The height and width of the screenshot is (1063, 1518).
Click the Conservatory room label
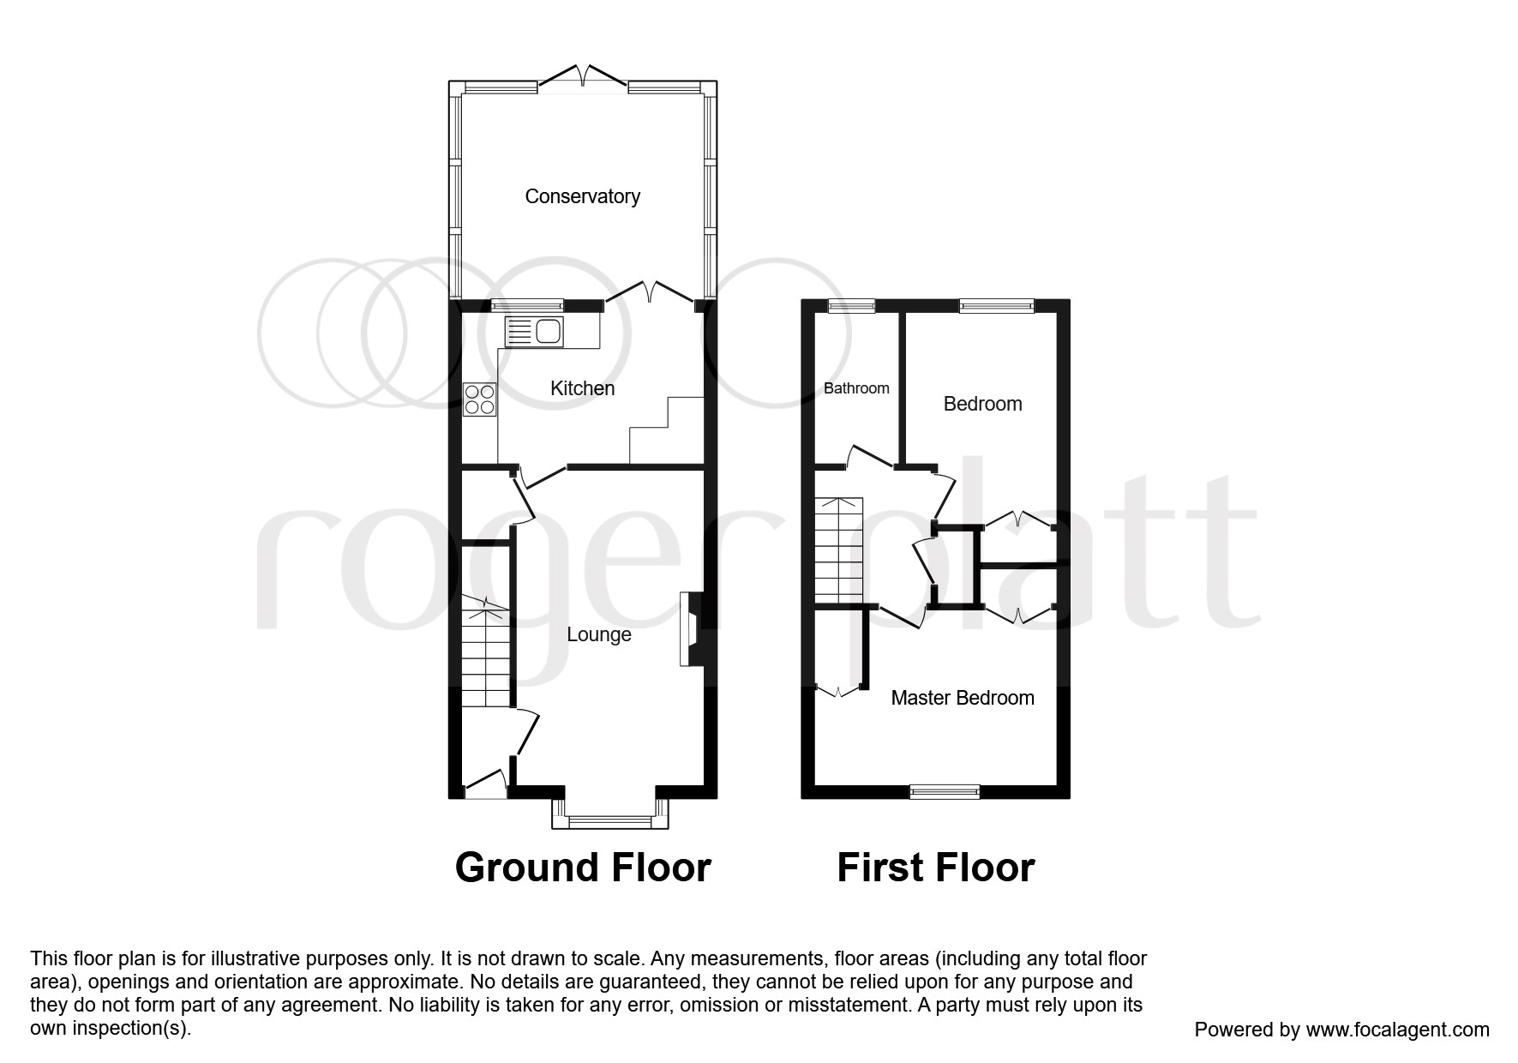click(582, 196)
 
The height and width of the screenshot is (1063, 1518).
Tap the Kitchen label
click(582, 388)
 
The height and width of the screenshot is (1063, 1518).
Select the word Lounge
click(598, 634)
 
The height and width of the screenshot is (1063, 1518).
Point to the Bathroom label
click(856, 388)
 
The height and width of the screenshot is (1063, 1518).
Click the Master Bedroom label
click(962, 698)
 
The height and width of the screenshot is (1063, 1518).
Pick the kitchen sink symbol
click(534, 331)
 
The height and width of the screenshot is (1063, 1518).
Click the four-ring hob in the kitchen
click(480, 399)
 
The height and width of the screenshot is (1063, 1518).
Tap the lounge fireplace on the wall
click(690, 628)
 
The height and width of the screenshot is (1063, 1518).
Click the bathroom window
click(851, 305)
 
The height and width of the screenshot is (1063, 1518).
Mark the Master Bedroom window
click(945, 791)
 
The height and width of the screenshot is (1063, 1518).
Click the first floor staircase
click(837, 550)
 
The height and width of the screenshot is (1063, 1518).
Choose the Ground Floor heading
click(583, 868)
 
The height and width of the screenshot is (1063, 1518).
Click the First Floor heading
click(935, 868)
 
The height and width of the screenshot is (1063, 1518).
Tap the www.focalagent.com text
click(1397, 1030)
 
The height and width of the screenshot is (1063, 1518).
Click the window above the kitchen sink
click(527, 304)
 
